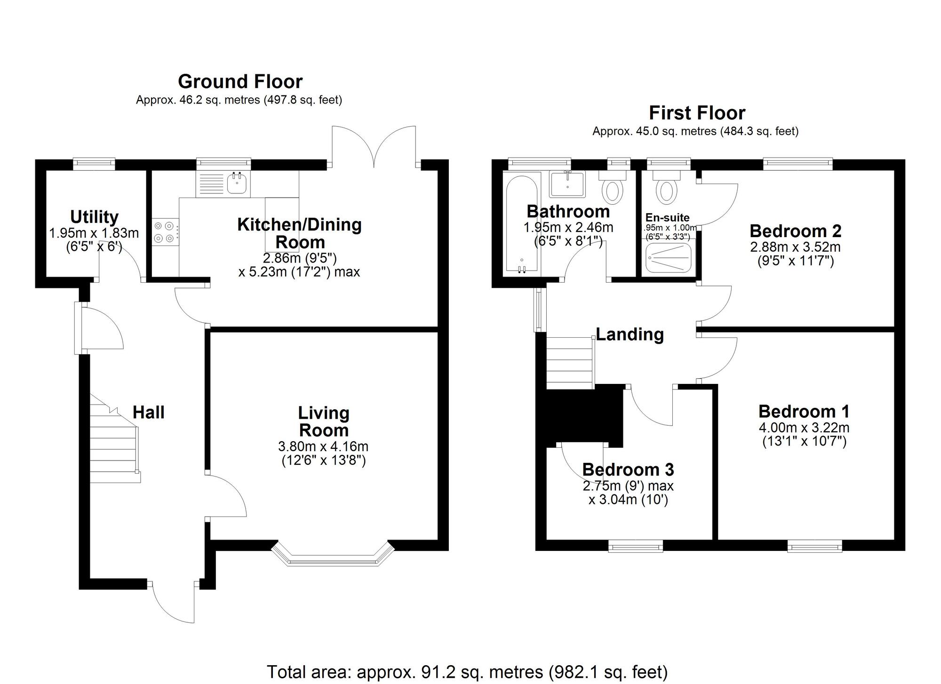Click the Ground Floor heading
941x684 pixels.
[240, 81]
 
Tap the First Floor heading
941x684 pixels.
[697, 113]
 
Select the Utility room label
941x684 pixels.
[94, 217]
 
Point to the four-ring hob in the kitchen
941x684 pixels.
[166, 232]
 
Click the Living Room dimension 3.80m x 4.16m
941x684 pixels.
[323, 446]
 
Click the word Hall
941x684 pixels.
[148, 412]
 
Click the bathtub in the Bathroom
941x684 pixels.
[521, 225]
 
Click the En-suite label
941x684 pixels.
[667, 217]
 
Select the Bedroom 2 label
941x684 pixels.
[795, 231]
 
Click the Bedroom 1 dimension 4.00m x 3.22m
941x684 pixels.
[804, 428]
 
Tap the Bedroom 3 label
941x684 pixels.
[628, 469]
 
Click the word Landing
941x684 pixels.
[630, 334]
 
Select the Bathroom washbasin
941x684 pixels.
[567, 183]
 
